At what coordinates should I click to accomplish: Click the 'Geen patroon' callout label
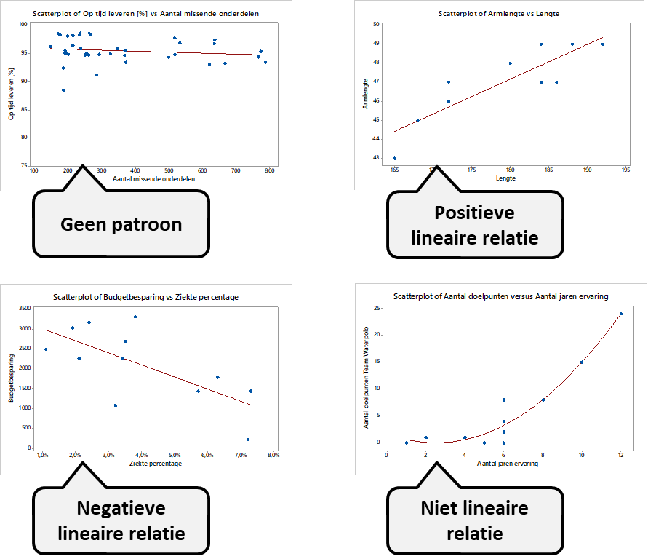tap(121, 223)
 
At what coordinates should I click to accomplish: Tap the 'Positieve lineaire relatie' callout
tap(474, 224)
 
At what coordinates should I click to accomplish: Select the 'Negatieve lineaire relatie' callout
tap(121, 520)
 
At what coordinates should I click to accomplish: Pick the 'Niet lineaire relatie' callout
tap(474, 520)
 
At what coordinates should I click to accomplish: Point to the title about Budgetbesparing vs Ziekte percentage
tap(145, 297)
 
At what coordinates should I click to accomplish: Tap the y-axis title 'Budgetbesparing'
tap(11, 378)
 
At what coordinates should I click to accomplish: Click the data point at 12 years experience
tap(620, 314)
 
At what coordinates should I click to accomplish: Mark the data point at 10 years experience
tap(582, 362)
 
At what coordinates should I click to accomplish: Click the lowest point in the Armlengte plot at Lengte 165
tap(395, 158)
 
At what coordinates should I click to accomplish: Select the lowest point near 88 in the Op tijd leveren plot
tap(63, 90)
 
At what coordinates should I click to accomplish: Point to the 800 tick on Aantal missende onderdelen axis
tap(269, 171)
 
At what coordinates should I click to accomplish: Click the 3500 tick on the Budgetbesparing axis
tap(25, 309)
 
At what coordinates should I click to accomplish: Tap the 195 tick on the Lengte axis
tap(625, 170)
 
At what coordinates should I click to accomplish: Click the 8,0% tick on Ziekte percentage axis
tap(273, 456)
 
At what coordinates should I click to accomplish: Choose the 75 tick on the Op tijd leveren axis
tap(25, 166)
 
